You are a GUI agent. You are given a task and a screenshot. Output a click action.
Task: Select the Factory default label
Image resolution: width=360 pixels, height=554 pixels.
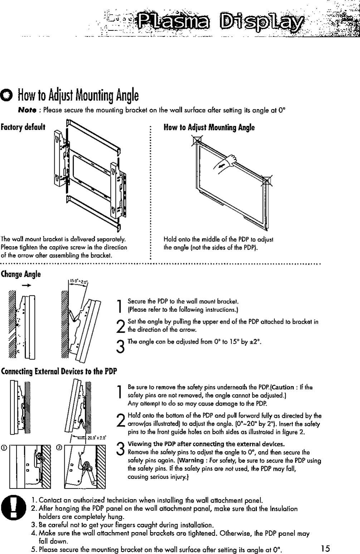point(23,127)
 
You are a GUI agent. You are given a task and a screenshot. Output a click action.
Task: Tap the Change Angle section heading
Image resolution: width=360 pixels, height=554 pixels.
point(21,274)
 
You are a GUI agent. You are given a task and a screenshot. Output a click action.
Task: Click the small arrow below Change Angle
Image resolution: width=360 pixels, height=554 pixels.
point(26,285)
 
